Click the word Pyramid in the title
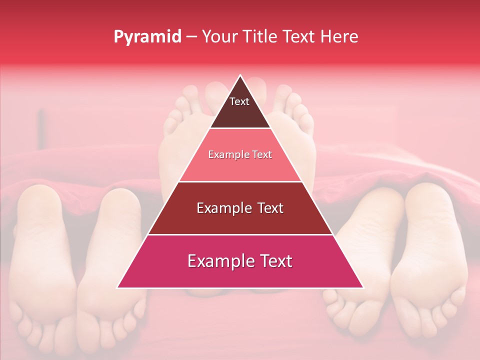coord(147,37)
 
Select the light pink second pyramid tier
coord(240,155)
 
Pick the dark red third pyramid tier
coord(240,208)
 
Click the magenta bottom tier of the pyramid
coord(240,261)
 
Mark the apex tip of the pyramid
coord(240,76)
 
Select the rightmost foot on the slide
coord(432,255)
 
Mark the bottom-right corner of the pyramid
coord(362,287)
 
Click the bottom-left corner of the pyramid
coord(117,287)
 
